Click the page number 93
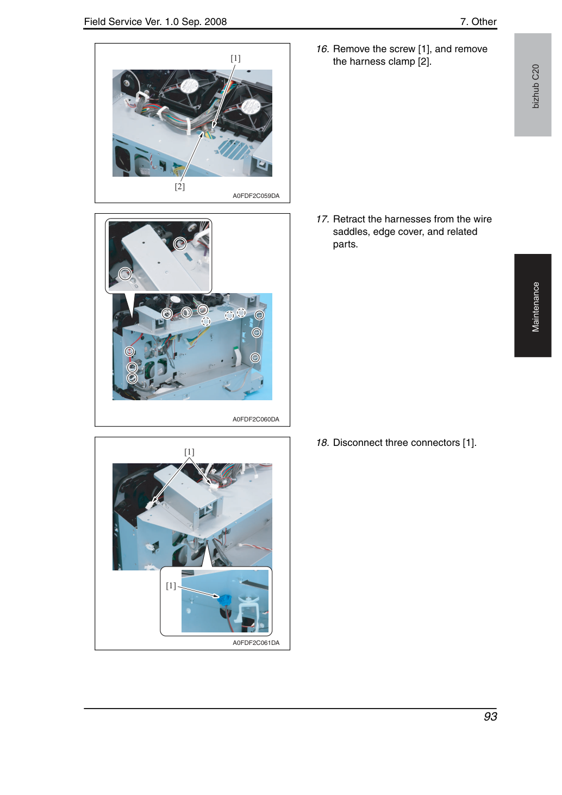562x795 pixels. [x=490, y=717]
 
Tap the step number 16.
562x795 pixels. [x=322, y=49]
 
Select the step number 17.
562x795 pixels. [x=322, y=219]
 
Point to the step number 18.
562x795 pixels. [x=322, y=443]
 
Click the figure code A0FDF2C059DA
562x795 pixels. [x=256, y=196]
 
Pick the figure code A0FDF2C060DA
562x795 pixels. [x=256, y=419]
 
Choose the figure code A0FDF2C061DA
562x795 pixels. [x=256, y=643]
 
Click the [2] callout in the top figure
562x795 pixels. [x=179, y=187]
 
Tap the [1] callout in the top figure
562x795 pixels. [x=235, y=58]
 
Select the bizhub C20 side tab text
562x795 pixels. [x=535, y=86]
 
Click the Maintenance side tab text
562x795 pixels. [x=535, y=307]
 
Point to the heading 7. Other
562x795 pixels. [x=478, y=22]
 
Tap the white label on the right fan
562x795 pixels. [x=251, y=105]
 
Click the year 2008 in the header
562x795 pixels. [x=215, y=22]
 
